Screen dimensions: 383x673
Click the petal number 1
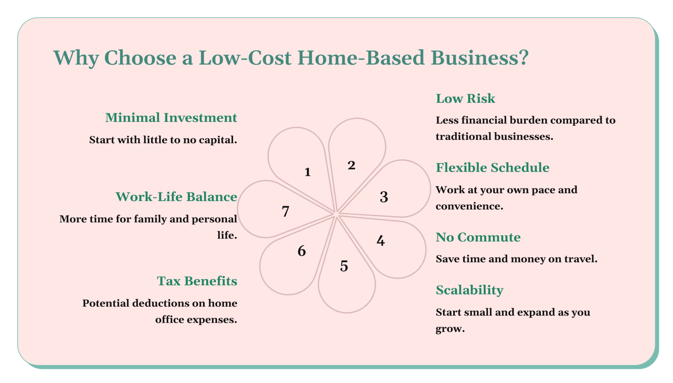(308, 172)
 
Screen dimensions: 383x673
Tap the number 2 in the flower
(351, 165)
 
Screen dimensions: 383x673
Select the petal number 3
(384, 197)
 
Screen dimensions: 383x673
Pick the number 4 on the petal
(381, 241)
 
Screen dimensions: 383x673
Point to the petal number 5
(344, 266)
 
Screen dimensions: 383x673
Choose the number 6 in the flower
(302, 251)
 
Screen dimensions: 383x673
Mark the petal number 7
(286, 211)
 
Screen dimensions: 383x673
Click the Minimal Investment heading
(171, 118)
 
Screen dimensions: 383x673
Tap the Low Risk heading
(465, 99)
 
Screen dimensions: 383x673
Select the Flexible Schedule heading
(492, 168)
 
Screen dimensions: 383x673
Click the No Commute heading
(478, 237)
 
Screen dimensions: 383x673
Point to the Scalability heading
(469, 290)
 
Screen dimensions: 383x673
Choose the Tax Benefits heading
(197, 281)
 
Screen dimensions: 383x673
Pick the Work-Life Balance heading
(176, 197)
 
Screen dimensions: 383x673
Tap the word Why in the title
(76, 58)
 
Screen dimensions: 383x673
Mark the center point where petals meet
(336, 214)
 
